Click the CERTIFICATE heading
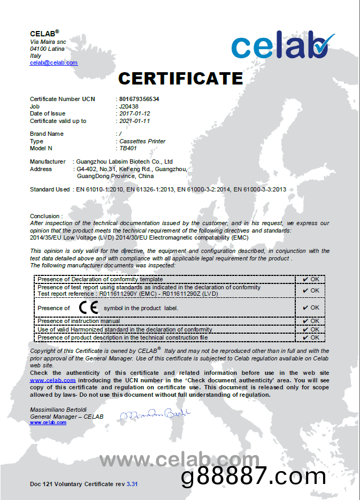coord(180,79)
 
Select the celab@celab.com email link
coord(53,63)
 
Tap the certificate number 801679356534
coord(139,99)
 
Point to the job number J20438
coord(129,106)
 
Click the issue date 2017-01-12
coord(134,113)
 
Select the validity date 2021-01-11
coord(134,121)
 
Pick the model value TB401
coord(128,148)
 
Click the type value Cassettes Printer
coord(142,141)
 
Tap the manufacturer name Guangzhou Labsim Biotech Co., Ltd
coord(125,161)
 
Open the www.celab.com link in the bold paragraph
coord(52,380)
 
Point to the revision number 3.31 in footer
coord(132,484)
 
